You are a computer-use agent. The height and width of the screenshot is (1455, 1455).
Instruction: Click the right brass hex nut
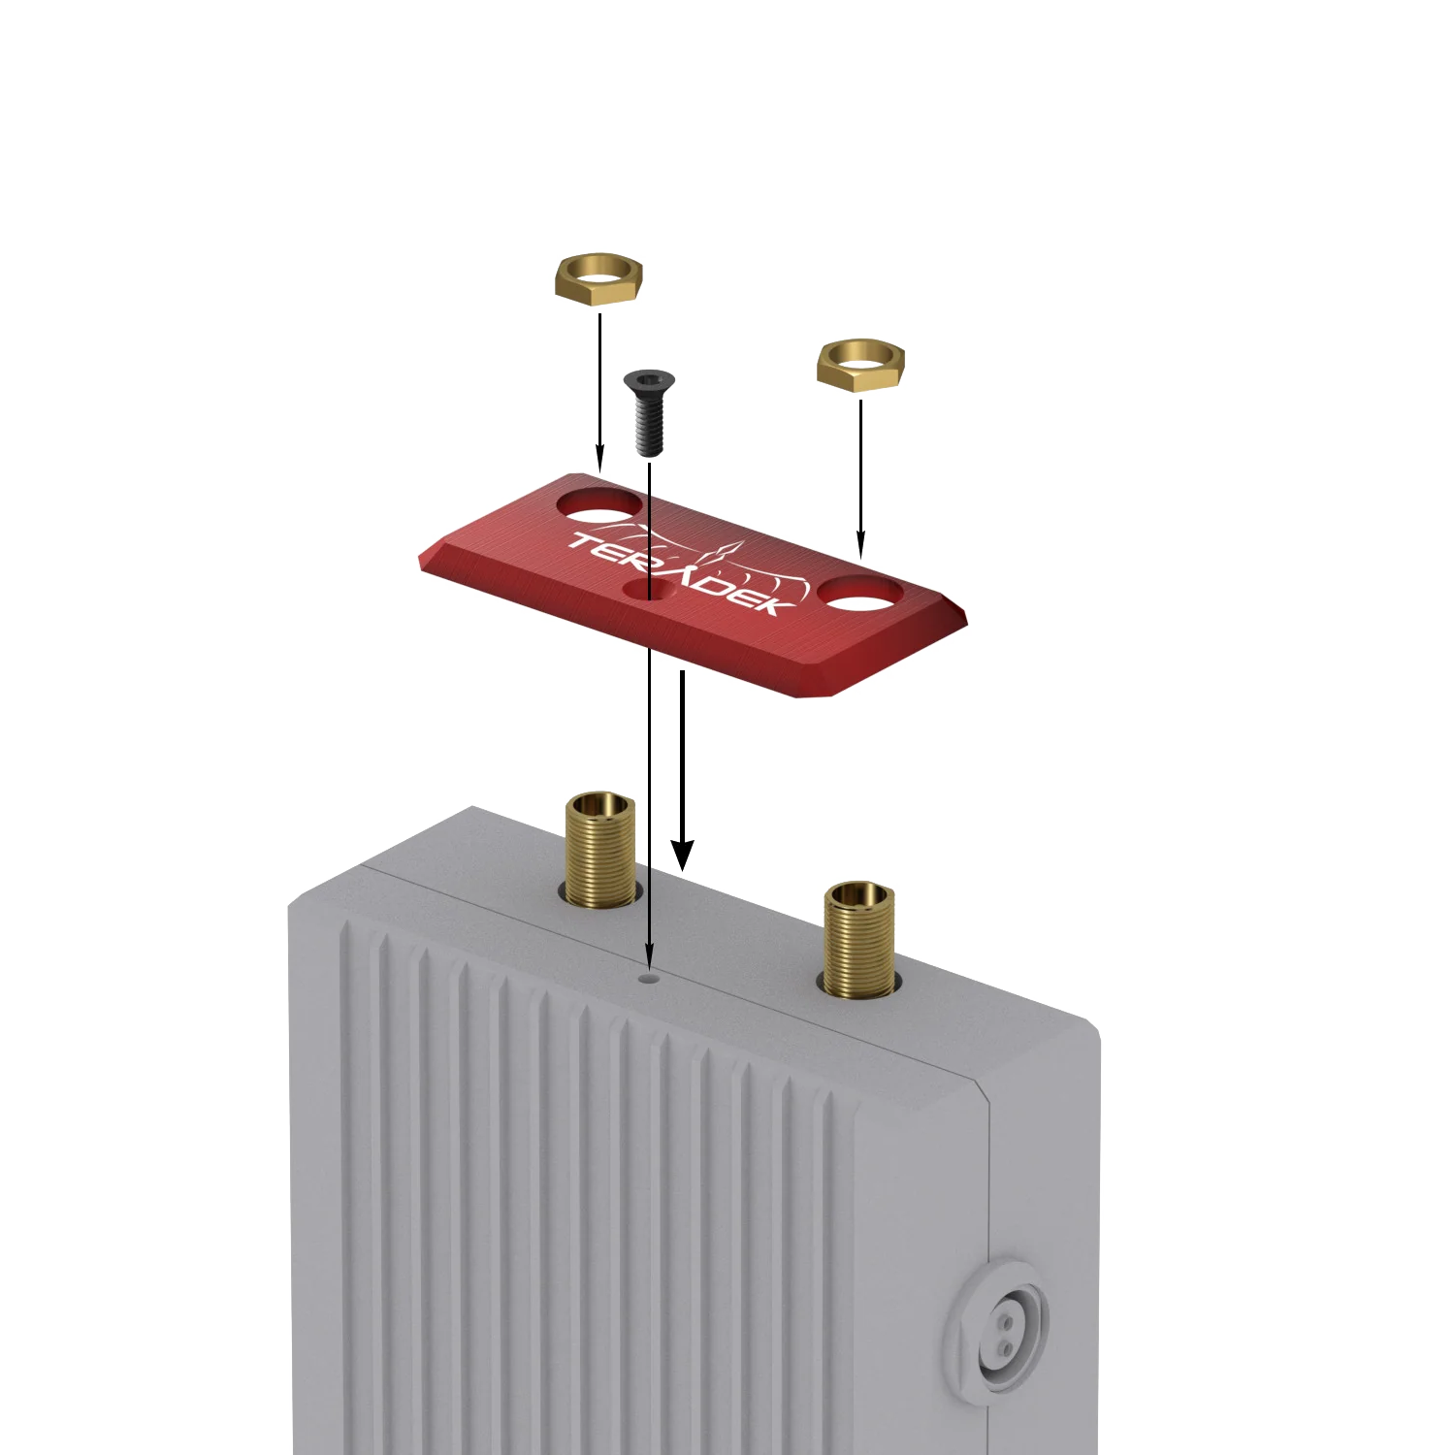point(860,366)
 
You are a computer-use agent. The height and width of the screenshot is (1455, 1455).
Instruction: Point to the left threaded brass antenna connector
point(601,850)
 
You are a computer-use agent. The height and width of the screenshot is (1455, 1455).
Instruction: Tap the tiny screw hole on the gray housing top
point(649,979)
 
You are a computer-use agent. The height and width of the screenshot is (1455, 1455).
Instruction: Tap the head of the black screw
point(649,381)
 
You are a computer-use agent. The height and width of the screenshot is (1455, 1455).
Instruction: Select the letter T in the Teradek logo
point(588,543)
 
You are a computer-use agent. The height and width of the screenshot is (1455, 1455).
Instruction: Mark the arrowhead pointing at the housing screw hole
point(649,956)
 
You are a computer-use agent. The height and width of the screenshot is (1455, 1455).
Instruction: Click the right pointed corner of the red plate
point(966,618)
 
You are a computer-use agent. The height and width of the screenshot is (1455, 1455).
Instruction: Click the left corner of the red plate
point(420,560)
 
